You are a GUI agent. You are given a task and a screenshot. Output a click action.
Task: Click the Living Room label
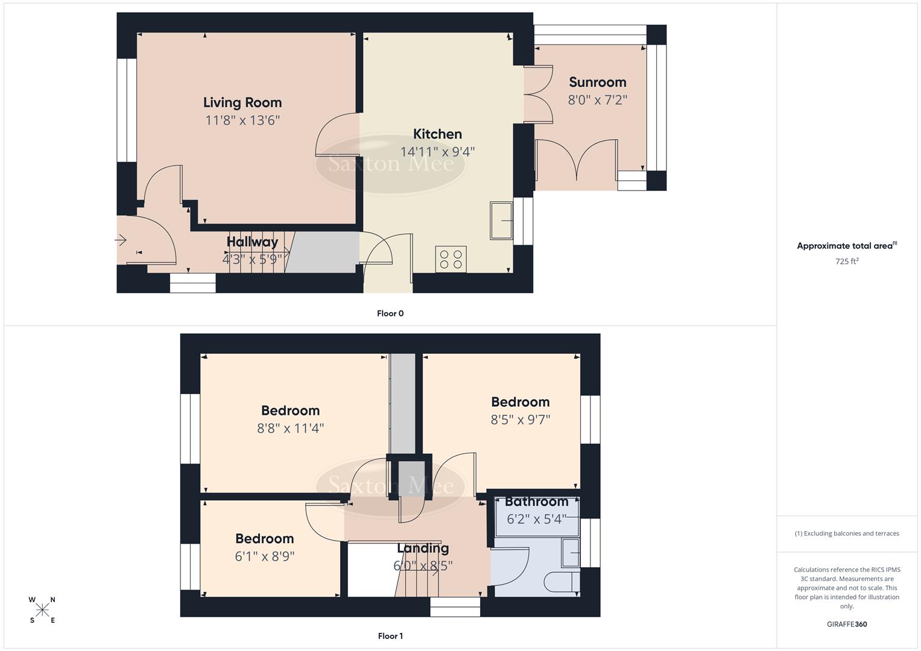click(242, 102)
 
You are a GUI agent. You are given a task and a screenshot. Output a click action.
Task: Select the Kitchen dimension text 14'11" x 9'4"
click(437, 152)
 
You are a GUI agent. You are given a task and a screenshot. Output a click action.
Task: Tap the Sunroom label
click(597, 82)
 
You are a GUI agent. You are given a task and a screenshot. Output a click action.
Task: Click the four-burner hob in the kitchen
click(451, 260)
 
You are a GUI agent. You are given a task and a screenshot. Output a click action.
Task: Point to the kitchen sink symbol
click(501, 221)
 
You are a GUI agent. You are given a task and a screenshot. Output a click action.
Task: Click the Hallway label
click(252, 242)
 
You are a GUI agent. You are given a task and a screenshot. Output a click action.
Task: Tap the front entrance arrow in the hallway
click(121, 241)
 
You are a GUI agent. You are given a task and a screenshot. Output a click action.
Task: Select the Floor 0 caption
click(390, 313)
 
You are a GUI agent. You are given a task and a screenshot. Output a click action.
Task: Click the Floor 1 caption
click(390, 636)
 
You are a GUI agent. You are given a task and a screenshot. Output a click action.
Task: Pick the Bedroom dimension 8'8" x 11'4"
click(290, 429)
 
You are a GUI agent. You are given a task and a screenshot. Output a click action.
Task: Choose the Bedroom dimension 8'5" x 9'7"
click(520, 420)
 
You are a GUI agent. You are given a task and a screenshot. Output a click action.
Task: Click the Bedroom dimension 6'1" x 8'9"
click(264, 556)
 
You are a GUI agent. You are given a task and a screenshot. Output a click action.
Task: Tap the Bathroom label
click(536, 502)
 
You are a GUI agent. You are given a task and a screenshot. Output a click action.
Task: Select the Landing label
click(422, 548)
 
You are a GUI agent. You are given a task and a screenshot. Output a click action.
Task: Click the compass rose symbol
click(42, 610)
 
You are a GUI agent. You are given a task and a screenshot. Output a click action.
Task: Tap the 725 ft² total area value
click(847, 262)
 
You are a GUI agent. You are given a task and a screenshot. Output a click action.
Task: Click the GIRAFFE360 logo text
click(847, 624)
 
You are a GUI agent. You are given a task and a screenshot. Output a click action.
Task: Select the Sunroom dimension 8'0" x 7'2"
click(597, 100)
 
